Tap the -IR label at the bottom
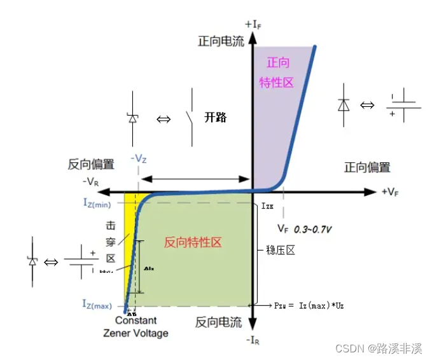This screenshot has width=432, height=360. tap(254, 341)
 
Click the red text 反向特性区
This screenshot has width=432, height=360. tap(193, 242)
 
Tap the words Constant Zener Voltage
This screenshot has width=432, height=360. tap(136, 327)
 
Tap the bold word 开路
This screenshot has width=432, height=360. tap(216, 118)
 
